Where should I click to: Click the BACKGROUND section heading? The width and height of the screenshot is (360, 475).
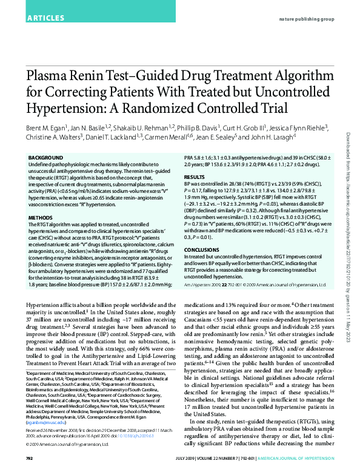46,158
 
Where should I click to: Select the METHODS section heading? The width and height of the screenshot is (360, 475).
41,217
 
